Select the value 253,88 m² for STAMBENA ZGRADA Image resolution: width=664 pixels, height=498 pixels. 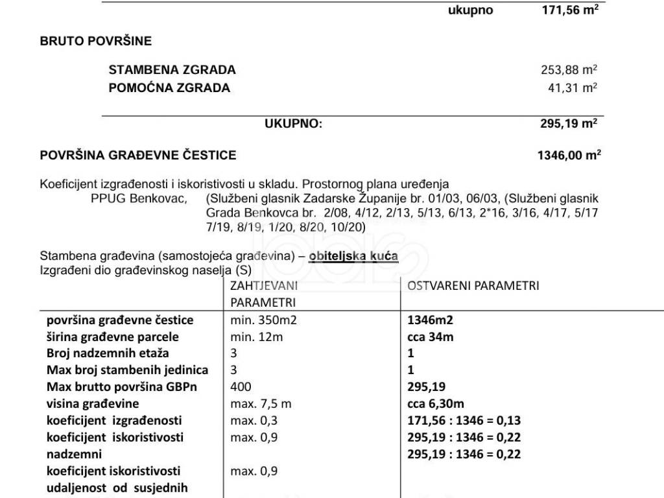coord(569,70)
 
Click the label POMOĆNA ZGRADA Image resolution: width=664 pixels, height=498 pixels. coord(169,88)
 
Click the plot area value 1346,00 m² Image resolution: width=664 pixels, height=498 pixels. coord(569,156)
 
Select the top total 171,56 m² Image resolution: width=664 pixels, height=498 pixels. coord(569,10)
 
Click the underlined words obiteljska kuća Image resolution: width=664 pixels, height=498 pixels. coord(353,257)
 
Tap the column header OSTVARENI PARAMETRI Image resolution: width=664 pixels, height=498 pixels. coord(473,286)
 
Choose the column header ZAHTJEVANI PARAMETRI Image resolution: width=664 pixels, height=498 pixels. coord(263,294)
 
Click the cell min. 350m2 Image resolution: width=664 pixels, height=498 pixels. coord(263,320)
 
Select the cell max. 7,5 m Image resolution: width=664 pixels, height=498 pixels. coord(261,404)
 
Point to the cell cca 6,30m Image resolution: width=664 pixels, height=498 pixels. coord(435,404)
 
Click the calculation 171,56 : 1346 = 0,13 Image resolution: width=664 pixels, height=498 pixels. coord(464,421)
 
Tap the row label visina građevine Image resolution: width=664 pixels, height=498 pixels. coord(93,404)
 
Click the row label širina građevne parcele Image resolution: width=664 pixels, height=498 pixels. coord(113,337)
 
